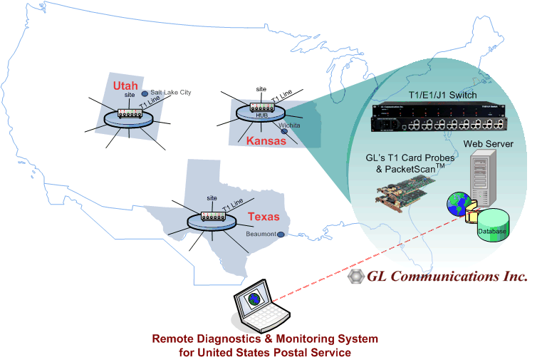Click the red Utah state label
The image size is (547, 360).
pos(125,86)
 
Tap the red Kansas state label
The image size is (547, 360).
pos(266,140)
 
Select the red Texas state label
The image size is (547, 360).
pos(264,217)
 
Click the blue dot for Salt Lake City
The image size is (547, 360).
pos(145,93)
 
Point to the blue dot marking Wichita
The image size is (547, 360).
pos(284,131)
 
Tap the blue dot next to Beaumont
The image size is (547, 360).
pos(281,235)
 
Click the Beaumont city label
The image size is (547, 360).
pos(261,234)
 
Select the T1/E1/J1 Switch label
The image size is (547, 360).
pos(442,95)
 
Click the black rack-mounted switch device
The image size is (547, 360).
pos(439,118)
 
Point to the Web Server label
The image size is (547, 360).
pos(488,144)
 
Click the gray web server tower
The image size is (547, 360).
pos(483,178)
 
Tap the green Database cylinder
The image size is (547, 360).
pos(493,225)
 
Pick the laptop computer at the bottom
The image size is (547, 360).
pos(261,306)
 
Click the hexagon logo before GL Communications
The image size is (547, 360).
pos(356,276)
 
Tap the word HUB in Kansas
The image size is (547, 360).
pos(261,115)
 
